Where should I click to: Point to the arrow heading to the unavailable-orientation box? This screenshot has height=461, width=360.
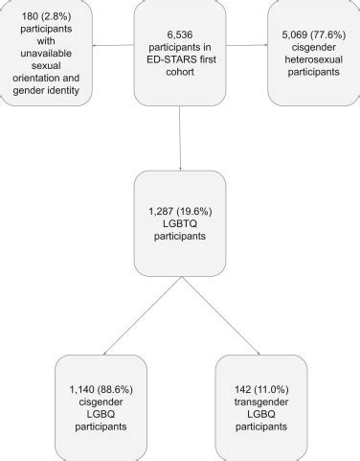coord(118,43)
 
